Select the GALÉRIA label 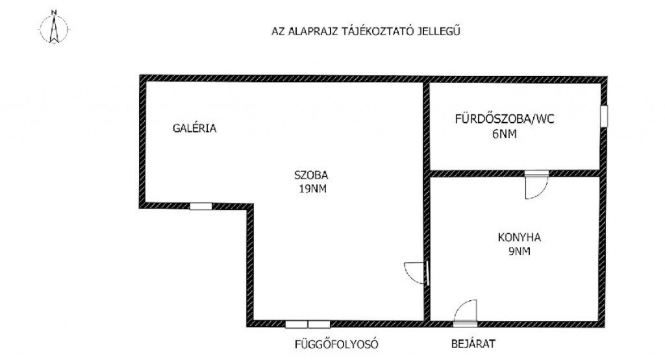point(195,128)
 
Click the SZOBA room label point(311,175)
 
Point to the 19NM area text point(312,189)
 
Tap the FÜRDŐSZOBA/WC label point(505,119)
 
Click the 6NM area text point(505,135)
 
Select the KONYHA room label point(519,237)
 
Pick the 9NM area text point(520,251)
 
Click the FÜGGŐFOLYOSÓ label point(336,344)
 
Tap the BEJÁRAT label point(473,344)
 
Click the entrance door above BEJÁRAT point(465,313)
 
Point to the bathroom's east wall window point(605,116)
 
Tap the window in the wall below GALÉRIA point(201,207)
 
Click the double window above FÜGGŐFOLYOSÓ point(307,325)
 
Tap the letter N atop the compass point(54,13)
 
